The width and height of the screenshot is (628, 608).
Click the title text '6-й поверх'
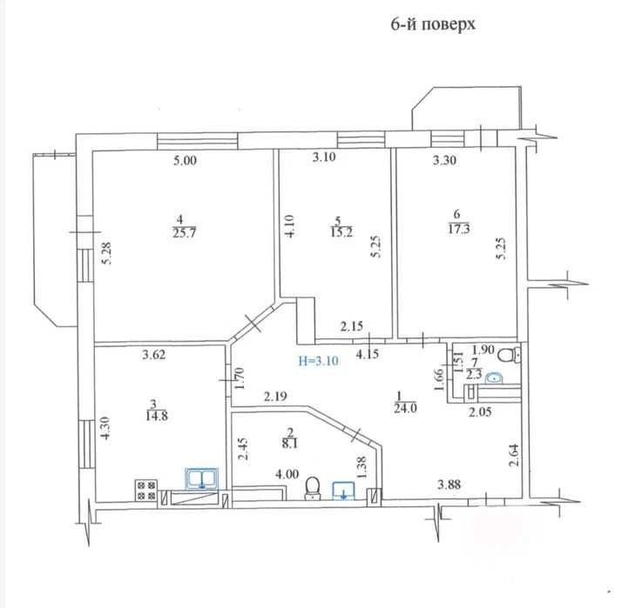(x=433, y=24)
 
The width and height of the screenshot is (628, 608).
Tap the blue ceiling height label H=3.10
(x=319, y=361)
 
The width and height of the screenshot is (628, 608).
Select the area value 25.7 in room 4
(x=185, y=233)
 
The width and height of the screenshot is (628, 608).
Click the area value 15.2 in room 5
(x=341, y=232)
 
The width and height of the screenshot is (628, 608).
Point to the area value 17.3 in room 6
(x=458, y=230)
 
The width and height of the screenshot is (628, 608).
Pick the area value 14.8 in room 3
(x=157, y=416)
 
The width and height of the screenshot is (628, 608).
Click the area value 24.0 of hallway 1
(x=406, y=409)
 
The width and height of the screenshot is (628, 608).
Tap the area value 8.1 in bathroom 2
(x=289, y=444)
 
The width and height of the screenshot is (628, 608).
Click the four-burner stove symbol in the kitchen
(x=145, y=491)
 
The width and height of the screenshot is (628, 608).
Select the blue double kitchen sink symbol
(x=201, y=478)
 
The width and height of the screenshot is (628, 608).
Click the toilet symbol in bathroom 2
(x=313, y=488)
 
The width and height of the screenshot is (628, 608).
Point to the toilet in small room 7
(x=510, y=355)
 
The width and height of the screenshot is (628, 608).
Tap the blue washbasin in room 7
(x=494, y=378)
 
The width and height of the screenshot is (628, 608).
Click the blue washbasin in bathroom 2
(x=344, y=491)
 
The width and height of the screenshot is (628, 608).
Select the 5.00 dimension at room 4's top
(x=185, y=161)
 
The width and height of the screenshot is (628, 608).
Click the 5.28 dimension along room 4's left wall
(x=107, y=253)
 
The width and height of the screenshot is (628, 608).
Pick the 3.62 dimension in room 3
(x=154, y=354)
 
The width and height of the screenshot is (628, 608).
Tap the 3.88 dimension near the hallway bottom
(x=449, y=484)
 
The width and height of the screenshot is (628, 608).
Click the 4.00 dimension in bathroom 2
(x=287, y=474)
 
